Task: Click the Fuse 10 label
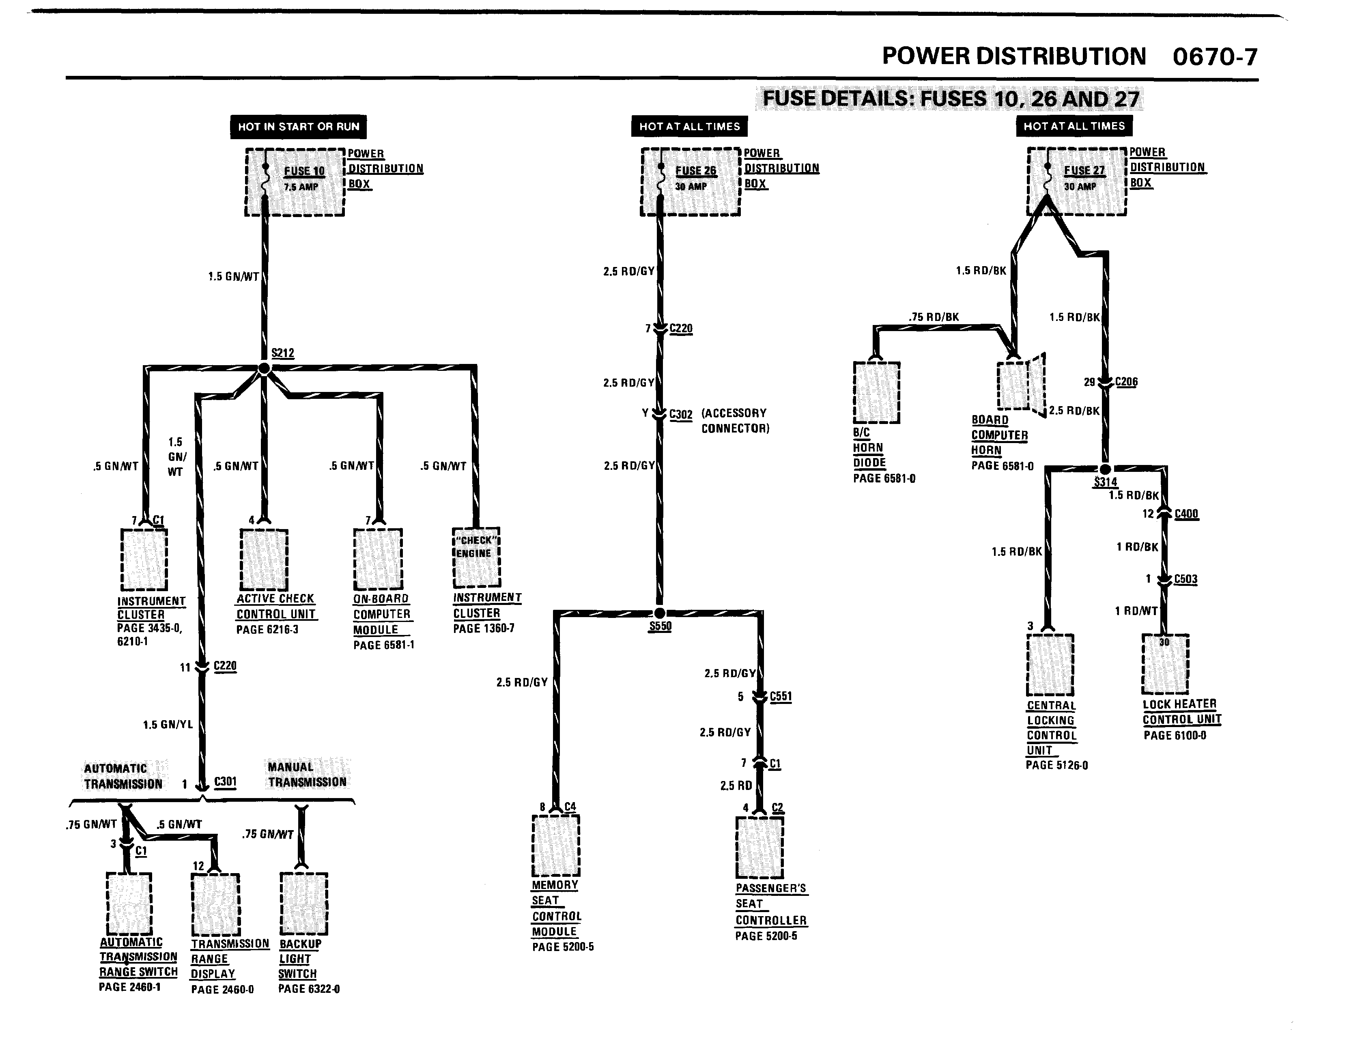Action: [304, 171]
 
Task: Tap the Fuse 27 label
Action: [1084, 170]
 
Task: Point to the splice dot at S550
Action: [660, 613]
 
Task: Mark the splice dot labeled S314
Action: [1106, 469]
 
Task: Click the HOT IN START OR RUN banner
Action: [298, 127]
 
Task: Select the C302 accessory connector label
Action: [681, 414]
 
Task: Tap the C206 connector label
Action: [1126, 382]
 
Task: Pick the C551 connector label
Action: [781, 697]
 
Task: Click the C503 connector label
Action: [1185, 579]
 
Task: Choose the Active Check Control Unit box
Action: [264, 560]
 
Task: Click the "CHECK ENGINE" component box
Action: [476, 557]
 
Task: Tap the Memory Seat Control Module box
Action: [555, 845]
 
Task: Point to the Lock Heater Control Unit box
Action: [1165, 664]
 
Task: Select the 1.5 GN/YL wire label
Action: [168, 724]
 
